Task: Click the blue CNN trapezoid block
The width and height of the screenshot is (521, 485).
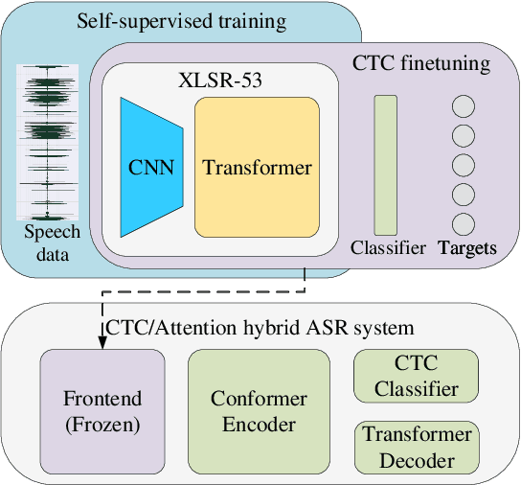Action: click(x=150, y=169)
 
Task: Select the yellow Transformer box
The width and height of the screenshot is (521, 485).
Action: click(x=257, y=169)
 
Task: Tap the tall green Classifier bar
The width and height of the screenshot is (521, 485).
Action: click(x=385, y=164)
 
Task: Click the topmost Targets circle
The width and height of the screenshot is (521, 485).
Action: click(x=464, y=107)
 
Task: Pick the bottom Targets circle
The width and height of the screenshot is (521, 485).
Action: click(x=464, y=224)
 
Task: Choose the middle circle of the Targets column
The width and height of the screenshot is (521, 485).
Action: click(x=464, y=166)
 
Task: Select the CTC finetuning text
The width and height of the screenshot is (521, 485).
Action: click(x=422, y=65)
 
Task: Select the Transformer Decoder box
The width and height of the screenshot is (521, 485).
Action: click(x=417, y=447)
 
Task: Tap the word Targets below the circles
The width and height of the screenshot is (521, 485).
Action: click(x=466, y=248)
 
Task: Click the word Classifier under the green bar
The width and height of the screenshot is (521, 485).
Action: click(x=387, y=248)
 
